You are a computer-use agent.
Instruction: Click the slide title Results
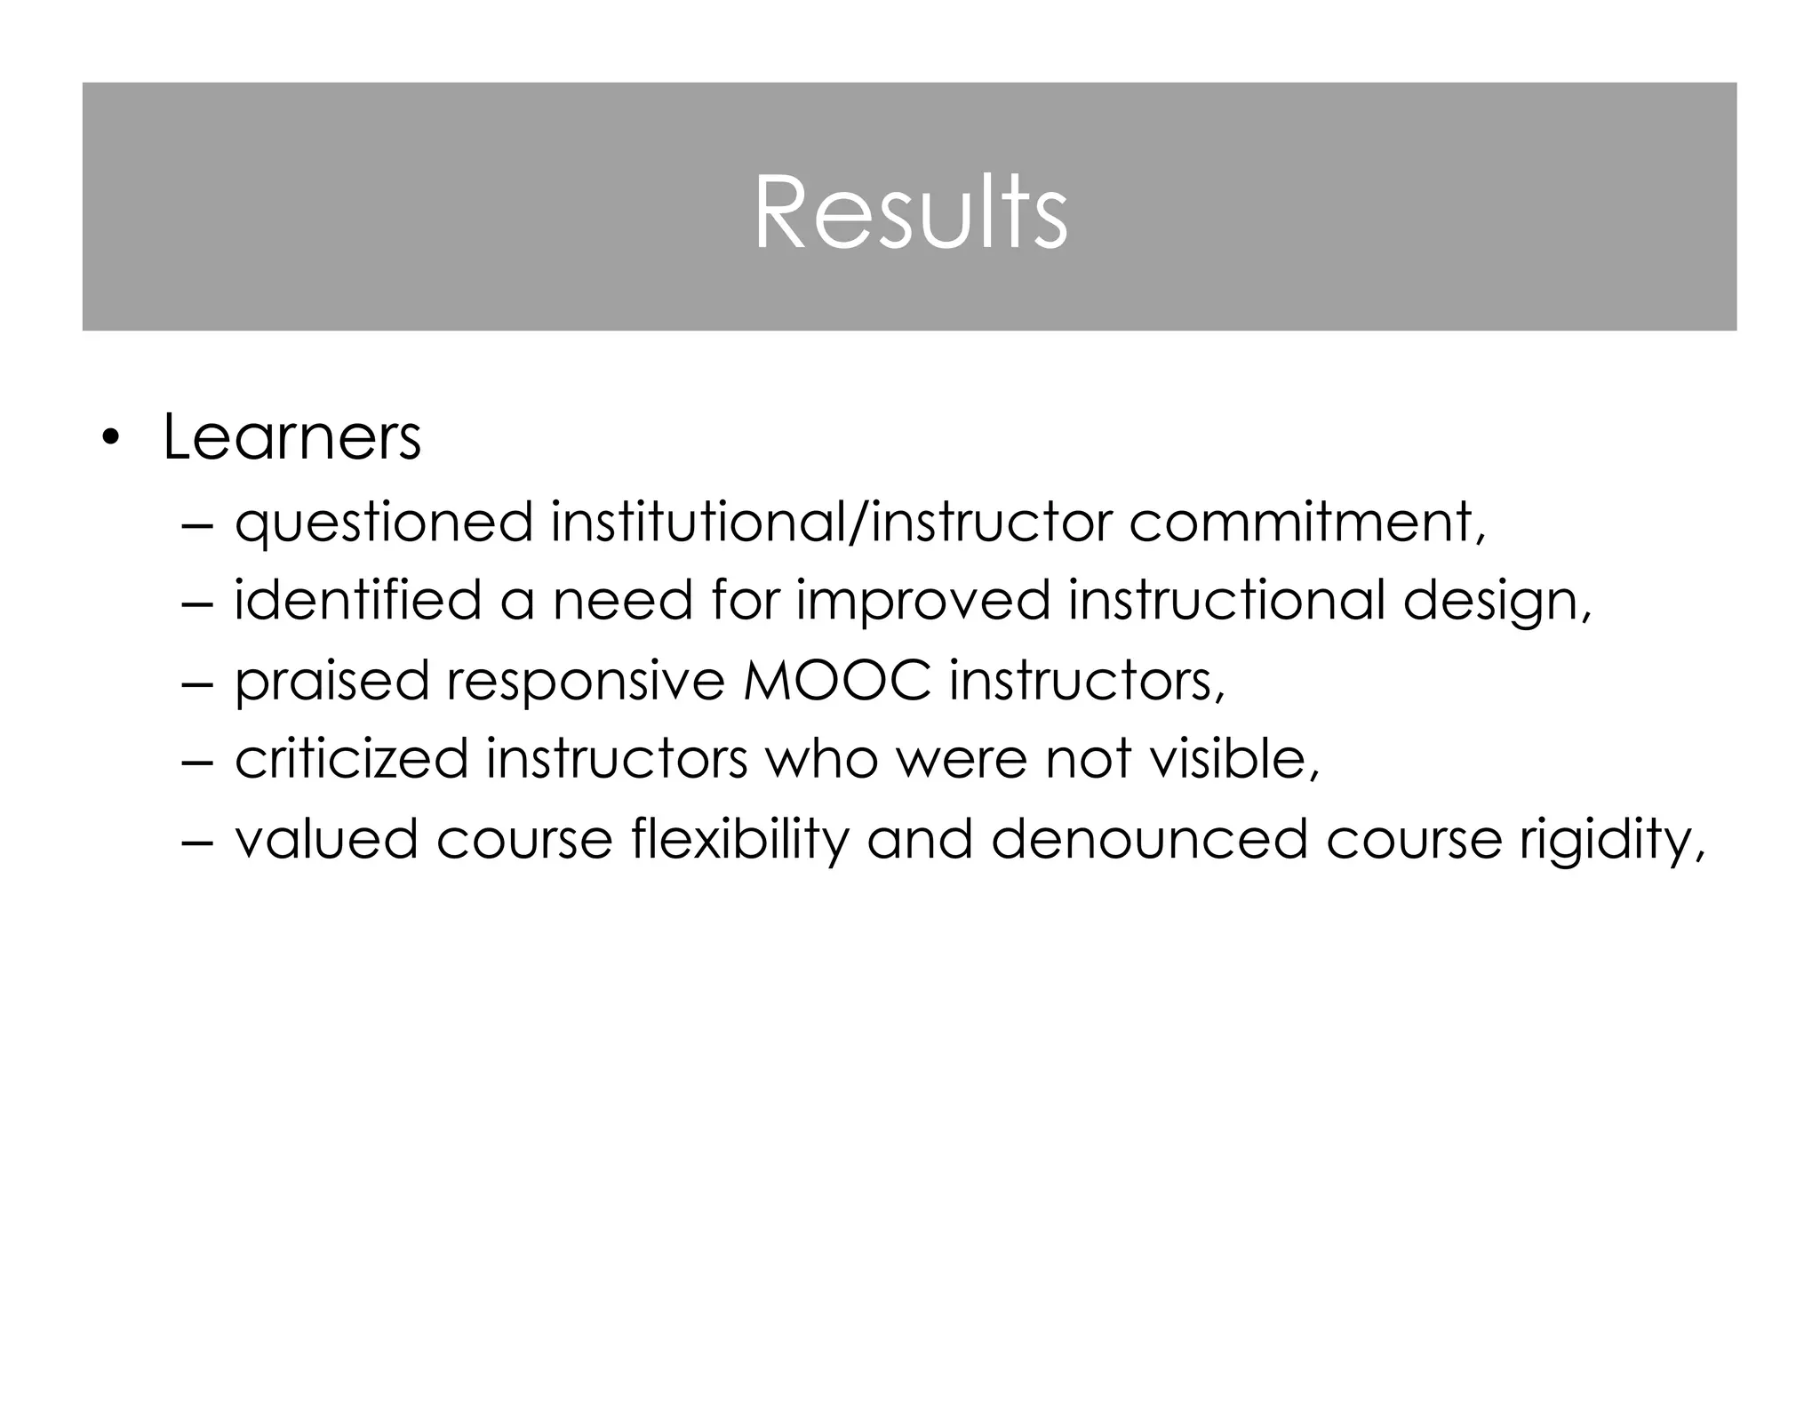pos(910,213)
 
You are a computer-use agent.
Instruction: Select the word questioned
pos(383,523)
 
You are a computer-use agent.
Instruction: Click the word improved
pos(922,602)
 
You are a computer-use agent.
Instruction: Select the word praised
pos(331,682)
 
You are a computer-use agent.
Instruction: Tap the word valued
pos(326,840)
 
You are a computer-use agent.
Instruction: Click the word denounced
pos(1149,840)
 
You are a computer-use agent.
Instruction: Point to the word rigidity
pos(1611,840)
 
